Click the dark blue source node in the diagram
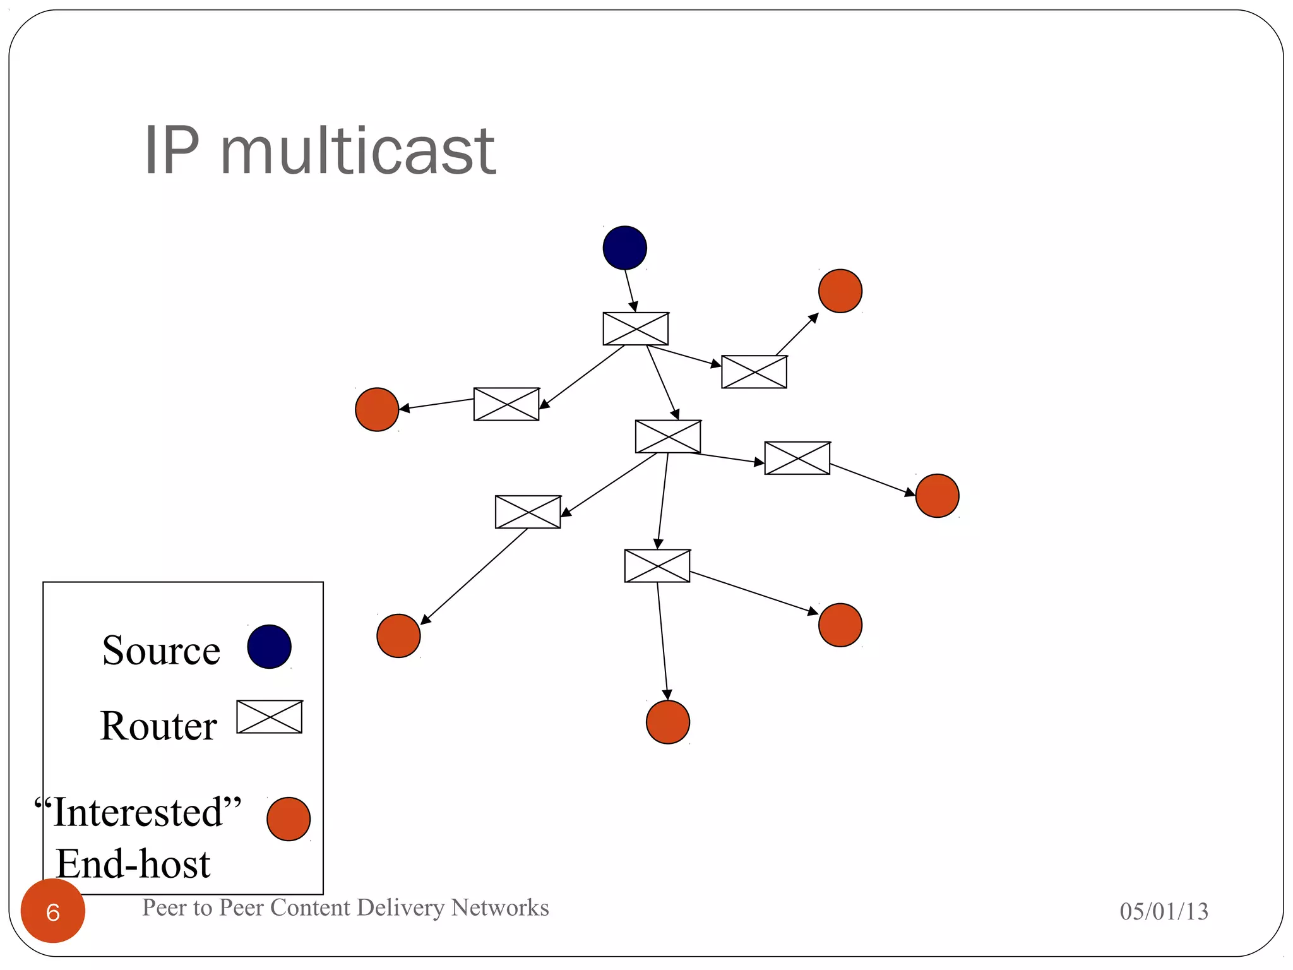tap(624, 248)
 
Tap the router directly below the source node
tap(635, 328)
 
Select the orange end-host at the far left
tap(377, 409)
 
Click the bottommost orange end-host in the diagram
tap(668, 722)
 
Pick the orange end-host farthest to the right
tap(937, 496)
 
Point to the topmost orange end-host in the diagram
tap(840, 291)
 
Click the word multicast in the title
tap(357, 151)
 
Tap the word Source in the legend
tap(161, 650)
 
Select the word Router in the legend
tap(158, 726)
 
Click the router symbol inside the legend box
tap(270, 717)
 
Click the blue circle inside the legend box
tap(269, 647)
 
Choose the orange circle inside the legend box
tap(289, 819)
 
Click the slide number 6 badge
tap(53, 911)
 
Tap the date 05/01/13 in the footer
tap(1164, 911)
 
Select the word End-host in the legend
tap(133, 864)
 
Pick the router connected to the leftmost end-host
tap(506, 404)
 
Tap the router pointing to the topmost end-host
tap(754, 372)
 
